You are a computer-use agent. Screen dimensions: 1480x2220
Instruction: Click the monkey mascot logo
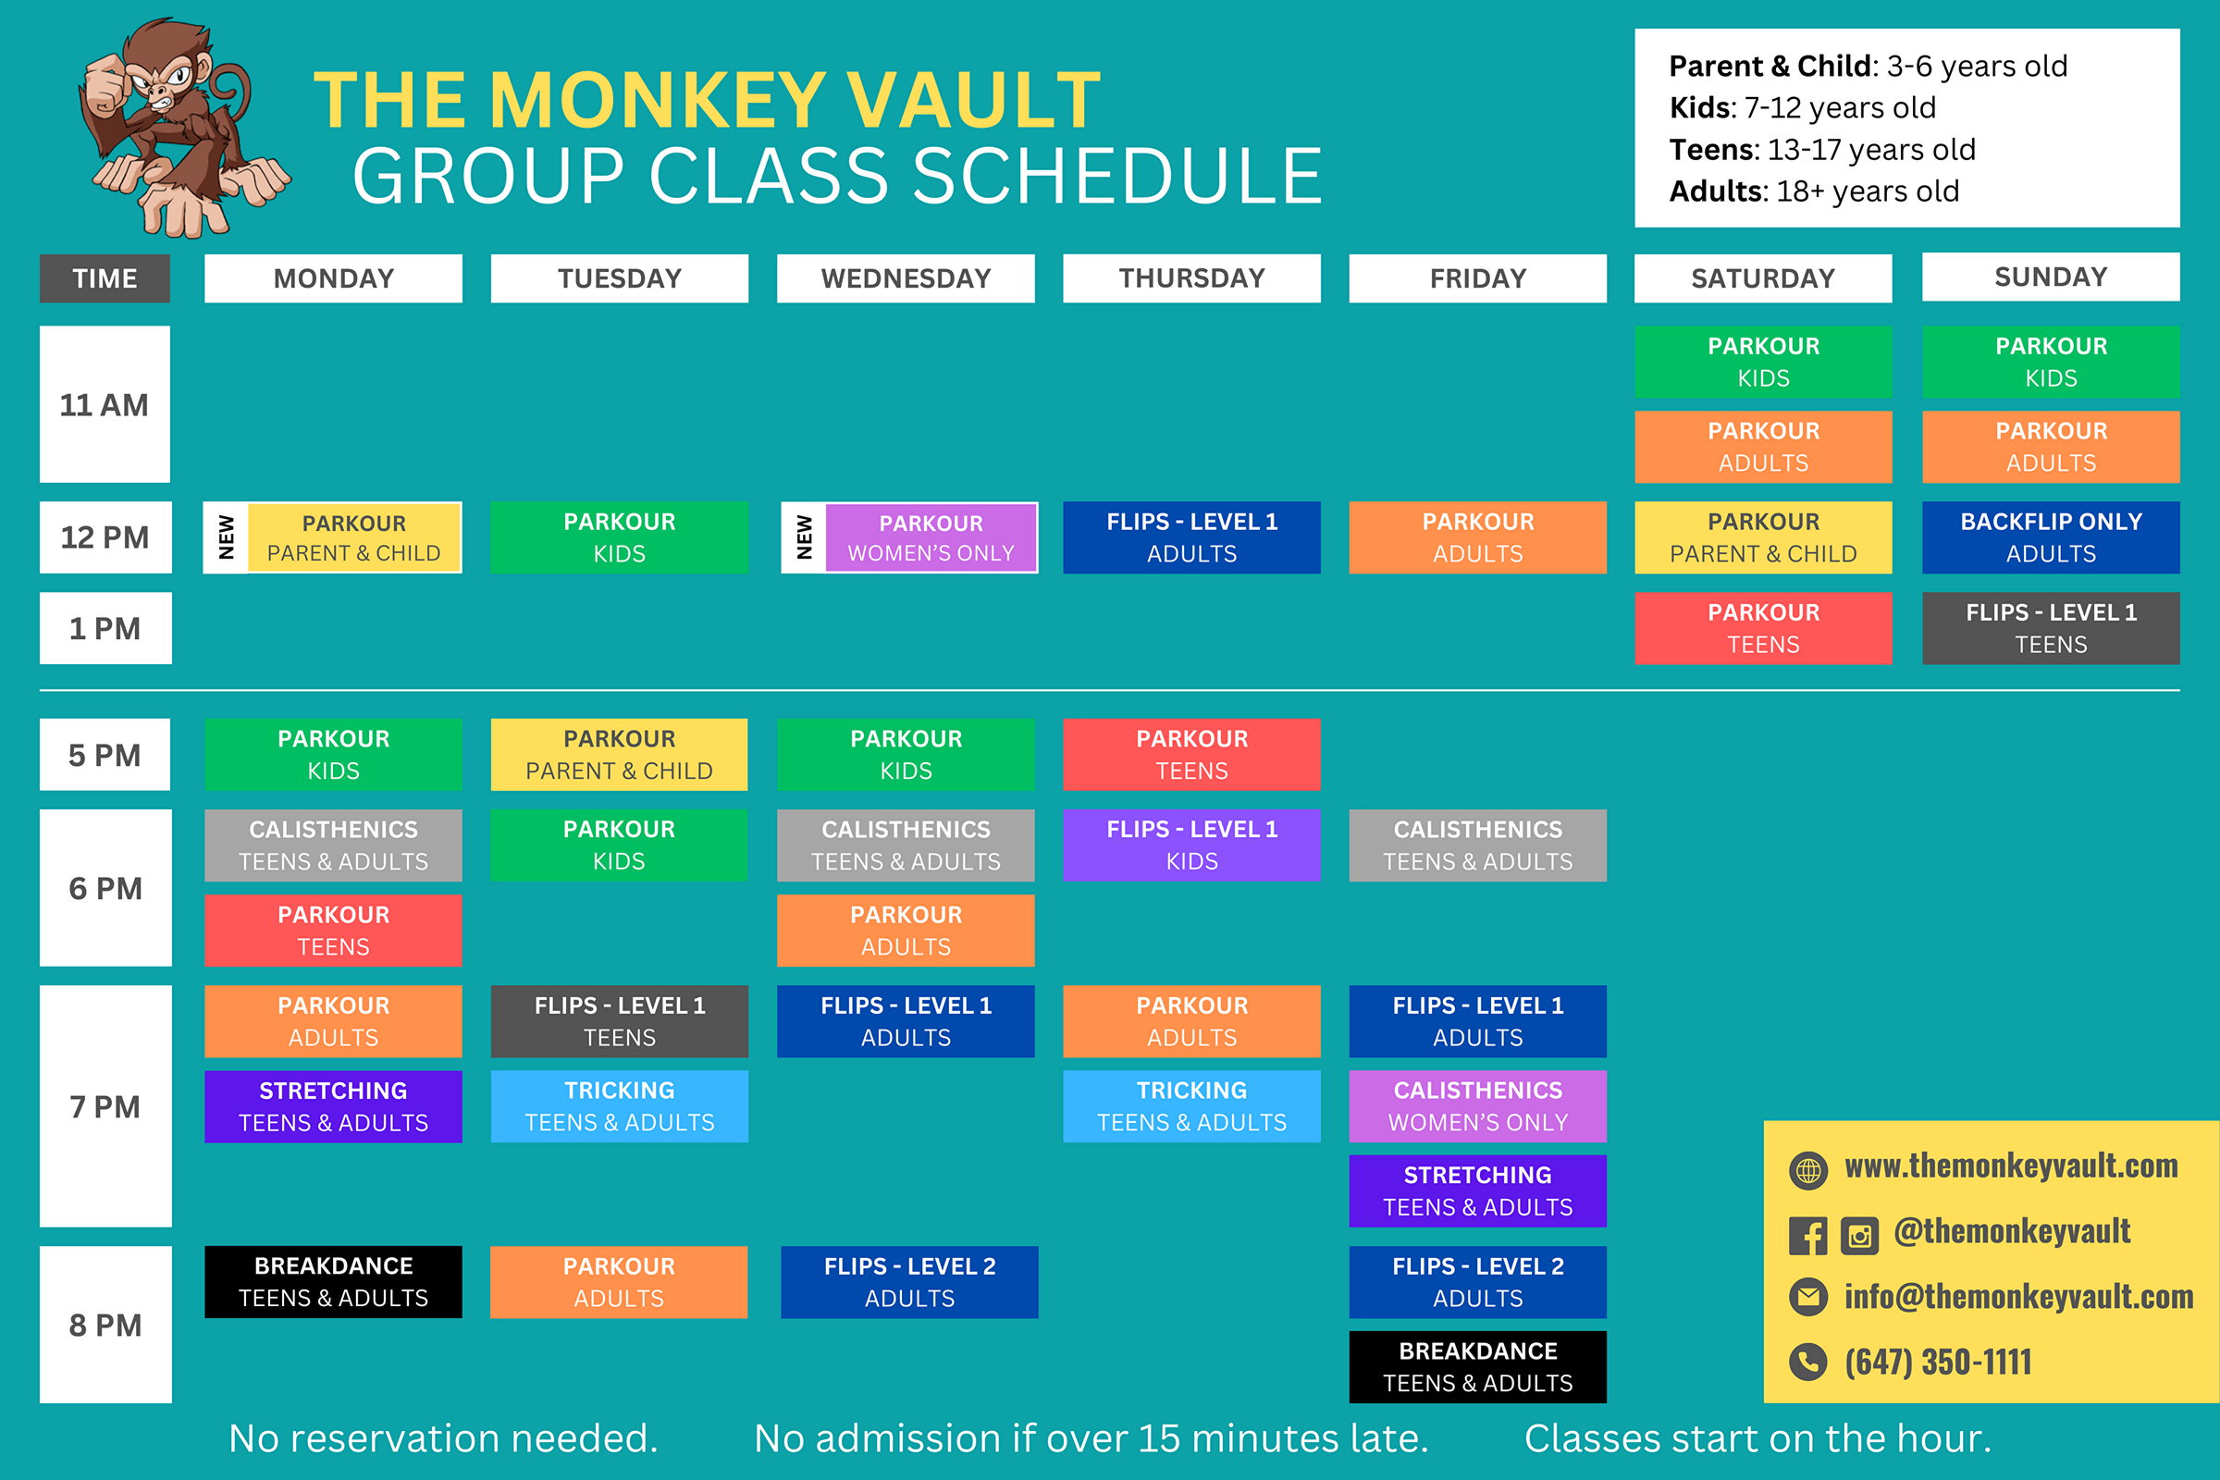(x=179, y=128)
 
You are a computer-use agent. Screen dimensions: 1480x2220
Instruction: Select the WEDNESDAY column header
(x=906, y=278)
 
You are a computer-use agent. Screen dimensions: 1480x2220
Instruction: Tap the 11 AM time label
(x=105, y=405)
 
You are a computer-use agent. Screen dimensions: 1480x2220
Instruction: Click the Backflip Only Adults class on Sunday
(x=2050, y=537)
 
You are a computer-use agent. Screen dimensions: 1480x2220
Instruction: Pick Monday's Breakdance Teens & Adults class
(x=333, y=1282)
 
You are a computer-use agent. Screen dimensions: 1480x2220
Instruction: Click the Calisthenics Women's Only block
(x=1477, y=1106)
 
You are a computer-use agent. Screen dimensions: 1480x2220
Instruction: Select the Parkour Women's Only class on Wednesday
(x=931, y=538)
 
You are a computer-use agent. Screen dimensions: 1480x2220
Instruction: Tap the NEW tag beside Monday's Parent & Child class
(x=227, y=538)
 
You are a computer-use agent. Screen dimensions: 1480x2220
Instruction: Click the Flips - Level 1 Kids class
(x=1191, y=845)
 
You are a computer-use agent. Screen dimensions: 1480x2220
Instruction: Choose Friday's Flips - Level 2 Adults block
(x=1477, y=1282)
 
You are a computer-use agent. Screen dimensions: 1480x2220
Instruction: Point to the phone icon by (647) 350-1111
(x=1807, y=1362)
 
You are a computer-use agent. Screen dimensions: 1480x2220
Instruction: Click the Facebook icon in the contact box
(x=1807, y=1236)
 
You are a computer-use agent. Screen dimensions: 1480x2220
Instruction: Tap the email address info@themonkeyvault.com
(x=2018, y=1297)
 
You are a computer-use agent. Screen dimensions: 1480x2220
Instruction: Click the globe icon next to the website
(x=1807, y=1170)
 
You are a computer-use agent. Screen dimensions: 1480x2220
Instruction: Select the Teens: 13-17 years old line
(x=1821, y=149)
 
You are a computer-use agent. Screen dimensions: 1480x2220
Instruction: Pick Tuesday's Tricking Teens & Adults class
(x=619, y=1106)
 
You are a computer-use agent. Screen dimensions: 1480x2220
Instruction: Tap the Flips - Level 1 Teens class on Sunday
(x=2050, y=628)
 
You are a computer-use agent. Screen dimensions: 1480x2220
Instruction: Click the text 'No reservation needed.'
(x=443, y=1437)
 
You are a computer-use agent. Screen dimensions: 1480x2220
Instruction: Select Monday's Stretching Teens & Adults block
(x=333, y=1106)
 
